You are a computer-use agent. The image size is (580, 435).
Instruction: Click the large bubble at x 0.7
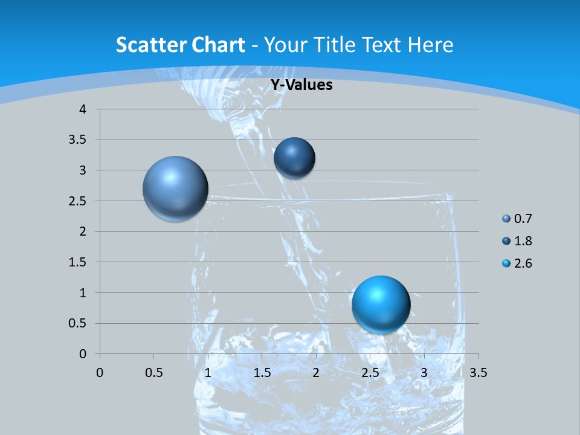click(175, 188)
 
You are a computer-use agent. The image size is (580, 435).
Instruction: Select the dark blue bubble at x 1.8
click(294, 158)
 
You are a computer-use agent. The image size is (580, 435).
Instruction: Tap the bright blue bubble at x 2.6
click(381, 304)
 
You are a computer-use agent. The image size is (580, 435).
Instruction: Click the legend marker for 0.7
click(506, 219)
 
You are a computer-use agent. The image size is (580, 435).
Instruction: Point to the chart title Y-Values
click(301, 85)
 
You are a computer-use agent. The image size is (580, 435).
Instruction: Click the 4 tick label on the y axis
click(83, 109)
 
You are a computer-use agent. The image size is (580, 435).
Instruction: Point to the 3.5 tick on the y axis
click(78, 140)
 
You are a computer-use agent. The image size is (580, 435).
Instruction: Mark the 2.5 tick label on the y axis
click(78, 201)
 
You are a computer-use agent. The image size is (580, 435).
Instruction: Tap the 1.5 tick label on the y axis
click(78, 262)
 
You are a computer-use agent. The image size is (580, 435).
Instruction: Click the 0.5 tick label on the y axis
click(78, 323)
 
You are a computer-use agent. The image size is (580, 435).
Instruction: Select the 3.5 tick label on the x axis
click(478, 373)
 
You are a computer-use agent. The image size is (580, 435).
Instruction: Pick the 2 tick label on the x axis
click(316, 373)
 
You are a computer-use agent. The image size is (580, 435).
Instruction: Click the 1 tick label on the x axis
click(208, 373)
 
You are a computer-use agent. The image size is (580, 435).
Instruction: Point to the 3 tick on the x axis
click(424, 373)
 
